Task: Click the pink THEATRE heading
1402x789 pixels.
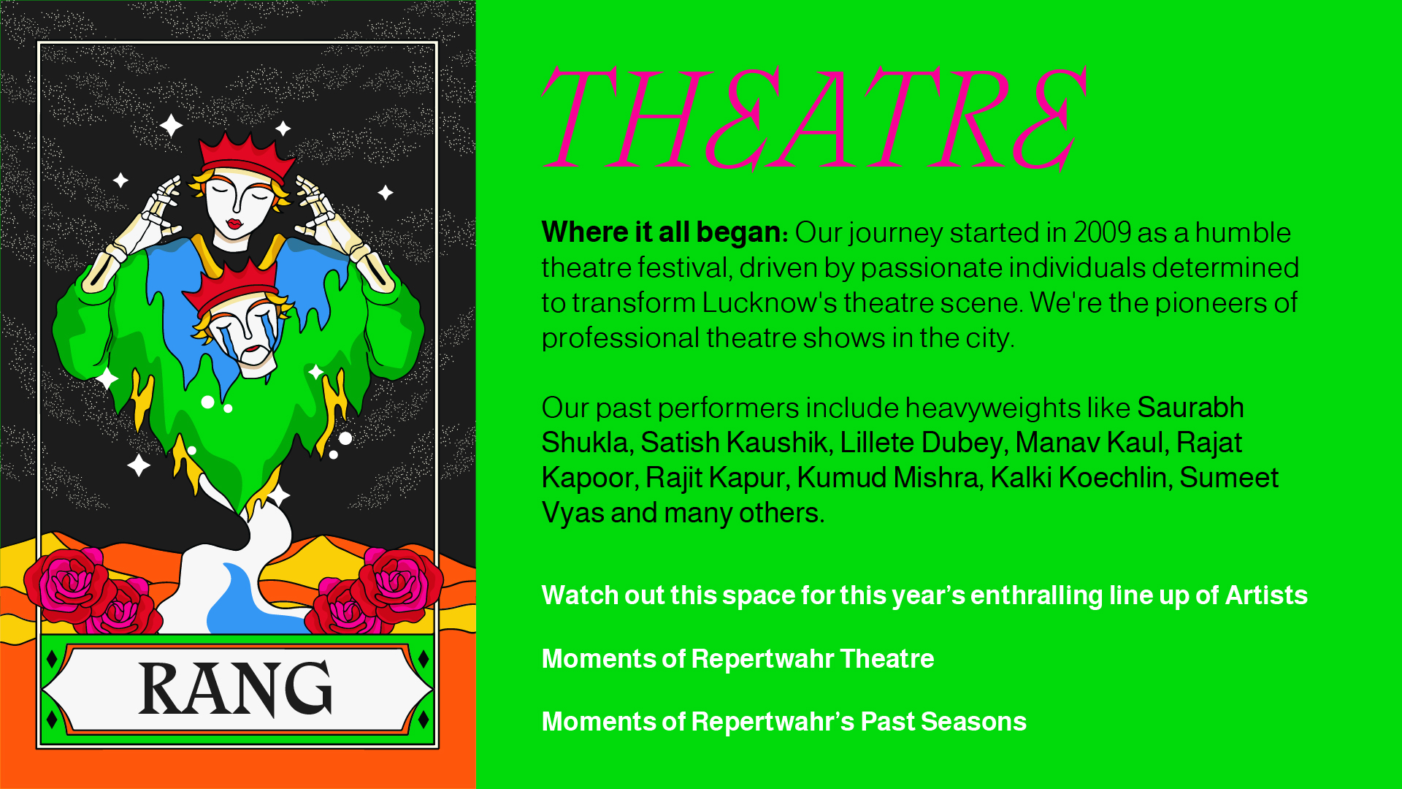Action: coord(814,119)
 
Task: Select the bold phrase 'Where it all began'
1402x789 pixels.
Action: coord(662,232)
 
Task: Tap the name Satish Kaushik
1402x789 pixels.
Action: coord(733,443)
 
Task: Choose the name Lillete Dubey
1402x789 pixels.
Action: coord(921,443)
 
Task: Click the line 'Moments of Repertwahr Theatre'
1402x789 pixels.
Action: coord(738,658)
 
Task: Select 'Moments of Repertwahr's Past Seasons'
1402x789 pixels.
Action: coord(784,721)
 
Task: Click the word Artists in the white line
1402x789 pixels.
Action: coord(1266,595)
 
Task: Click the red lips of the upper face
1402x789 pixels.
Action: coord(234,223)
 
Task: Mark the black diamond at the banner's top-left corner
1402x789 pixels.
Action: coord(52,659)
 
